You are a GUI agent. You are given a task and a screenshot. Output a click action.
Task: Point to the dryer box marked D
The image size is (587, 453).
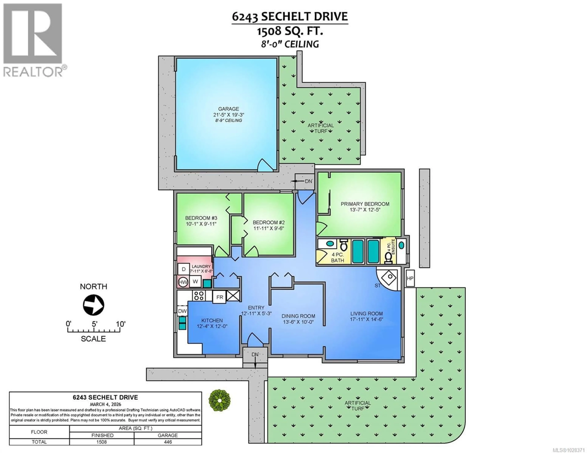tap(184, 269)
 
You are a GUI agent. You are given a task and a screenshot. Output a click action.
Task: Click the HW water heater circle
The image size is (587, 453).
tap(183, 282)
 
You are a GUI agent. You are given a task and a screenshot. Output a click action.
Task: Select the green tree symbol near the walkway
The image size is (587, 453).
tap(220, 400)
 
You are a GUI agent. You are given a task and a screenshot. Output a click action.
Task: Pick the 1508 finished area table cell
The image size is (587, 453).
tap(102, 442)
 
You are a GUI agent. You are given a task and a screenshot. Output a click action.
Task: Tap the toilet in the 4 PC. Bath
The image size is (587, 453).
tap(343, 245)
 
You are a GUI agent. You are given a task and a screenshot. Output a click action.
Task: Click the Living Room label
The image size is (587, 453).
tap(366, 313)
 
